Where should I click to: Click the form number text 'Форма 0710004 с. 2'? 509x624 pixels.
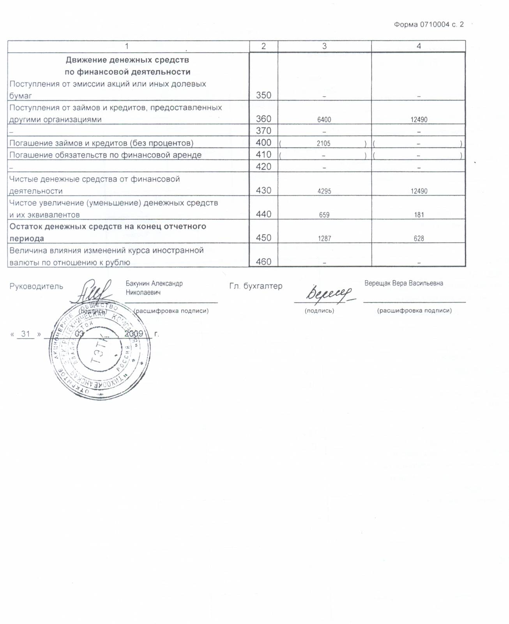coord(429,25)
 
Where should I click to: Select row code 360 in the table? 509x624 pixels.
coord(263,119)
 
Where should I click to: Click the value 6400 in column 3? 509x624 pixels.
coord(324,120)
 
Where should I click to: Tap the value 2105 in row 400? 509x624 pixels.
coord(323,144)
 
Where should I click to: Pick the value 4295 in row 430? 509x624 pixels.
coord(324,191)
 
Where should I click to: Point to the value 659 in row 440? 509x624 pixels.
coord(324,215)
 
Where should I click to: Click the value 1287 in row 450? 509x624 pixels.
coord(324,239)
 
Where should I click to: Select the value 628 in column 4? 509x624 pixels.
coord(419,239)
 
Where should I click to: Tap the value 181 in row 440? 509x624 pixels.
coord(419,215)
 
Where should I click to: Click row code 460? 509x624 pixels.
coord(263,262)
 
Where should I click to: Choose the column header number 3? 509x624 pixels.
coord(324,46)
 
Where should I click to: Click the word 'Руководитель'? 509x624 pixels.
coord(36,286)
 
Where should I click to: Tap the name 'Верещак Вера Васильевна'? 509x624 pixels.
coord(403,283)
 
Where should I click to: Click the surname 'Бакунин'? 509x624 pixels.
coord(138,284)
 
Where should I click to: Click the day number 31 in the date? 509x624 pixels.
coord(26,334)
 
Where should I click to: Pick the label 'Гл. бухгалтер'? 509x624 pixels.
coord(256,286)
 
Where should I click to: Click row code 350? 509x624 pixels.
coord(263,95)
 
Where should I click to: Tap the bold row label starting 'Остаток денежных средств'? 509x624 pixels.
coord(108,232)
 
